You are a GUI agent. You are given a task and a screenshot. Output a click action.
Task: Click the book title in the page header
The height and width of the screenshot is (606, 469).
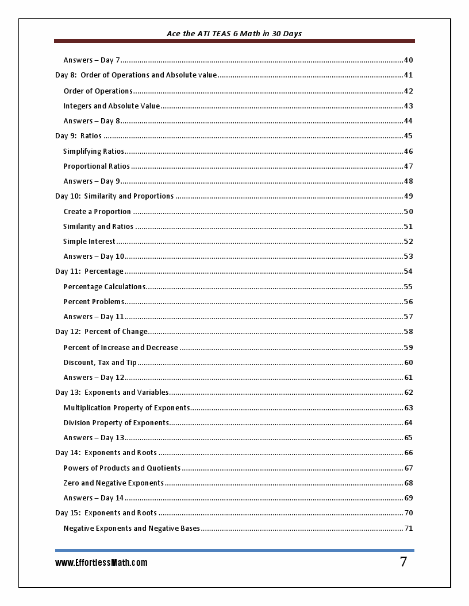point(234,33)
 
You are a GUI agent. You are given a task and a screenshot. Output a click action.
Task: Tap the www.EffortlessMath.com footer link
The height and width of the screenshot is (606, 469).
point(101,562)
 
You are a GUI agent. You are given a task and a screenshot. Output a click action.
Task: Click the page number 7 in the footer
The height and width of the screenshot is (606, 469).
point(403,562)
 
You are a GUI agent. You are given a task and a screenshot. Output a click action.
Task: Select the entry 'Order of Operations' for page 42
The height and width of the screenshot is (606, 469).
point(98,91)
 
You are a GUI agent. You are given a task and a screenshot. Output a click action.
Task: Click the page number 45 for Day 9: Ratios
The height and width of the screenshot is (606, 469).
point(408,136)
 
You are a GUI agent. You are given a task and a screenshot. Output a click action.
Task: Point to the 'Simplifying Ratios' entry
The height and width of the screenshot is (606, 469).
point(94,151)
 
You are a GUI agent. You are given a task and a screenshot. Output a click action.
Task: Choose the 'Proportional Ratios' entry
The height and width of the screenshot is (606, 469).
point(97,166)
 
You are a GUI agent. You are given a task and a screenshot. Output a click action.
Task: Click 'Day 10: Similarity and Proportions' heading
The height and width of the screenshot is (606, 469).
point(114,196)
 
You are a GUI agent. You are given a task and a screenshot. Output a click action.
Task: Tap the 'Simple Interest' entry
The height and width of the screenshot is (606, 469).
point(89,242)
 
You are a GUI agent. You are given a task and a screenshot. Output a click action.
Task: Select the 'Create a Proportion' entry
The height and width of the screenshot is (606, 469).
point(97,212)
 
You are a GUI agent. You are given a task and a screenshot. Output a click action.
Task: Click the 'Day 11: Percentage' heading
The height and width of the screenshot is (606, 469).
point(89,271)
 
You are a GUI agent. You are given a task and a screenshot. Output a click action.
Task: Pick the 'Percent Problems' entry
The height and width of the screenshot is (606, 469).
point(94,302)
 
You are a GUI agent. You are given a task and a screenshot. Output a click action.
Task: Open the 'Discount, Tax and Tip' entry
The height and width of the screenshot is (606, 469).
point(100,363)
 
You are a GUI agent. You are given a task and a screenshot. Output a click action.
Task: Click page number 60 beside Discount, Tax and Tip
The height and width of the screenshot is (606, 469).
point(408,363)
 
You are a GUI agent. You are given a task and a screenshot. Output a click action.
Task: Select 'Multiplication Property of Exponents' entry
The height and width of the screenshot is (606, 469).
point(126,408)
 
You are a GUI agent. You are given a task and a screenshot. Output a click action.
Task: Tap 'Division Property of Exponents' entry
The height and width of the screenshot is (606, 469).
point(116,423)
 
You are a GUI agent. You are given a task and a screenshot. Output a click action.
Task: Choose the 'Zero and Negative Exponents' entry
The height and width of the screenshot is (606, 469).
point(113,483)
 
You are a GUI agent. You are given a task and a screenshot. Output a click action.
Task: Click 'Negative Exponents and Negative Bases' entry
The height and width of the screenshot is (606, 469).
point(132,529)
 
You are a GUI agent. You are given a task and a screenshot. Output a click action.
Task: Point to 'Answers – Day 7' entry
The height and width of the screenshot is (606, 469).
point(91,60)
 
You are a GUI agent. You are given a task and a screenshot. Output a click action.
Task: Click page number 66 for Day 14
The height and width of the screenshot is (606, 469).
point(408,453)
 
